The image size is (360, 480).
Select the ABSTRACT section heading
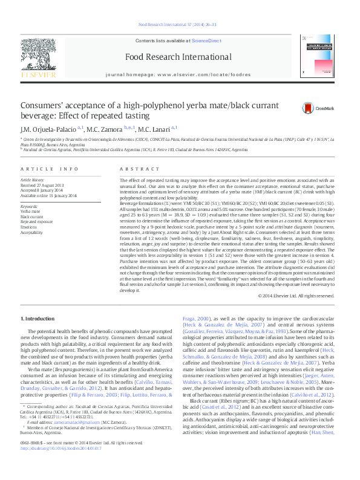coord(135,169)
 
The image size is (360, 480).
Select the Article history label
coord(33,180)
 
